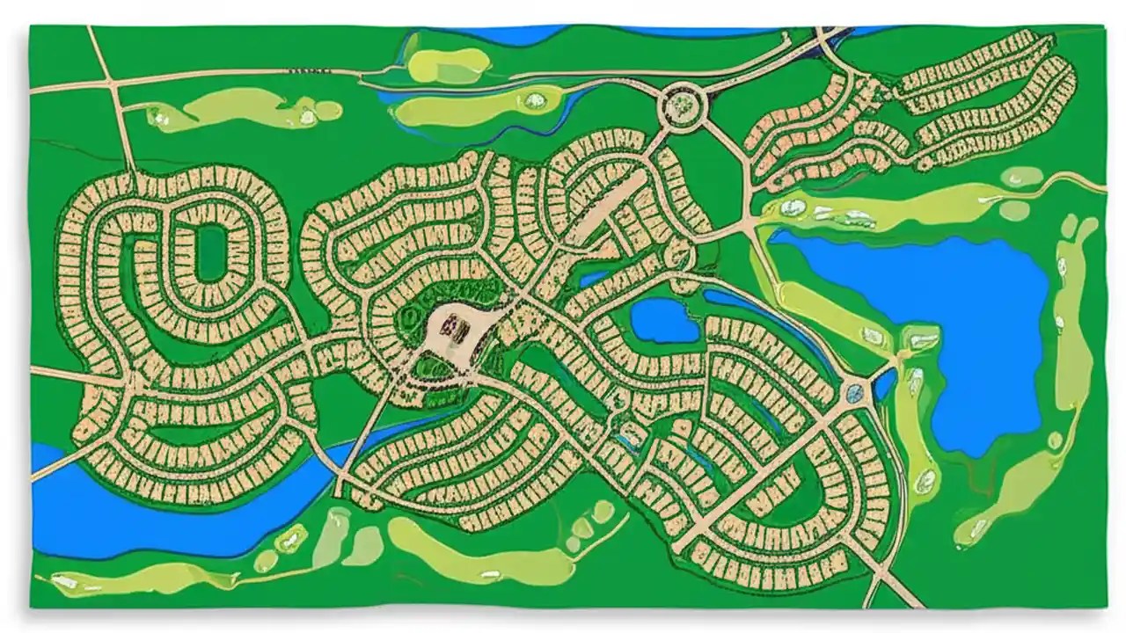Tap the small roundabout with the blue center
(853, 391)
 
